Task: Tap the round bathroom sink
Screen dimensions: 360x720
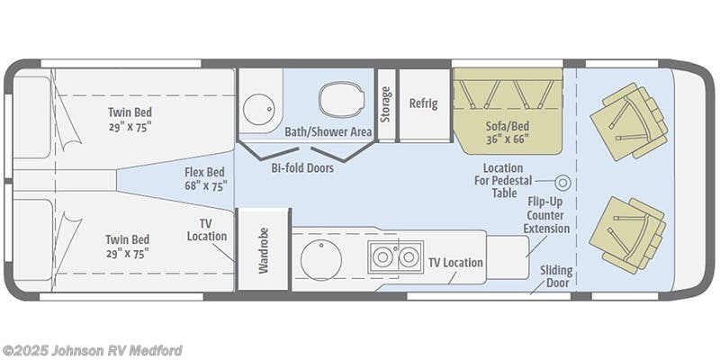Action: click(258, 108)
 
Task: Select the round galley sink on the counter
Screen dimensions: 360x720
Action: click(320, 259)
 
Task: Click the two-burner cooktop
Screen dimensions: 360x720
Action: click(395, 257)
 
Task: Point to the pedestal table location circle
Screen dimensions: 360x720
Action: click(563, 182)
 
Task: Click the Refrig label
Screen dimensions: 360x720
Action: click(423, 103)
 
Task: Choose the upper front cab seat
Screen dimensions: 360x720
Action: click(630, 122)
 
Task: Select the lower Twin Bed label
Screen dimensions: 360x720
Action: click(127, 246)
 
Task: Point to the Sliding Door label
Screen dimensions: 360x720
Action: click(556, 275)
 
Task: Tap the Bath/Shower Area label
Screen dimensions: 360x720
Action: click(328, 132)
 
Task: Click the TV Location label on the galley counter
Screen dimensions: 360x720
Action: click(454, 263)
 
